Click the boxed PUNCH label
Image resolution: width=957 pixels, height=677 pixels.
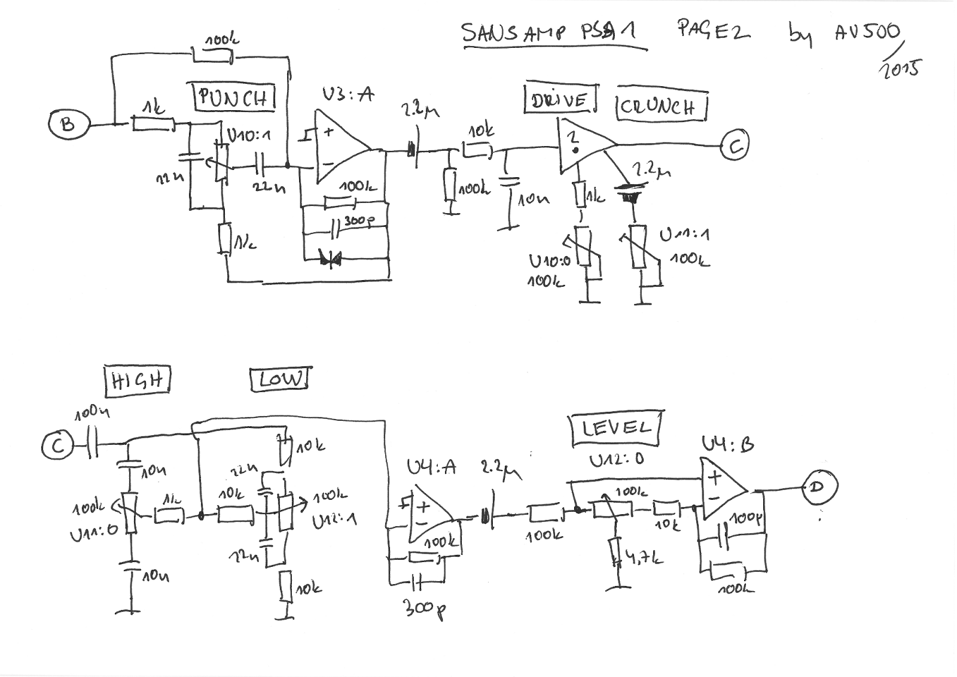click(x=234, y=97)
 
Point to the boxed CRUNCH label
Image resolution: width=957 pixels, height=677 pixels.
click(x=661, y=107)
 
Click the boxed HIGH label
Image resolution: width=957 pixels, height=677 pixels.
click(x=137, y=381)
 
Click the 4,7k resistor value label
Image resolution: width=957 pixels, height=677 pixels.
click(x=642, y=558)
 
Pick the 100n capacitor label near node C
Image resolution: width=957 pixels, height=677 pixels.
click(x=92, y=413)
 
